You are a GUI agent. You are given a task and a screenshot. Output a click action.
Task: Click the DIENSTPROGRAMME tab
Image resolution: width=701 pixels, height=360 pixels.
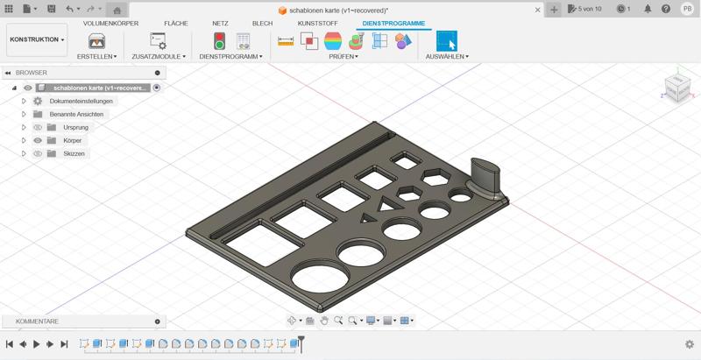click(x=393, y=24)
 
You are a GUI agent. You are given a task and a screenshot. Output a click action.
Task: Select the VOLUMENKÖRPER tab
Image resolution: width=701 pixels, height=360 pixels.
click(x=111, y=24)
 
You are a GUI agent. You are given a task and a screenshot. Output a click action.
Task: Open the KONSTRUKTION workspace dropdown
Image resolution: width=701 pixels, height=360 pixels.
click(x=37, y=39)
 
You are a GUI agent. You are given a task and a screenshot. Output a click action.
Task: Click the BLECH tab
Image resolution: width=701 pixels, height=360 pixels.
click(x=262, y=24)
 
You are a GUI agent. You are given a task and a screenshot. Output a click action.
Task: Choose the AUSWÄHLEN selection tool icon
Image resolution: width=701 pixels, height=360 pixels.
click(x=447, y=41)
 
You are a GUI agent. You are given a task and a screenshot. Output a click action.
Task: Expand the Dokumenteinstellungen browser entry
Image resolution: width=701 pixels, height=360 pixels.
click(x=25, y=101)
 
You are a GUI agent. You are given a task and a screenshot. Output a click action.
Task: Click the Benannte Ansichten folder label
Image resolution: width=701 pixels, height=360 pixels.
click(x=76, y=115)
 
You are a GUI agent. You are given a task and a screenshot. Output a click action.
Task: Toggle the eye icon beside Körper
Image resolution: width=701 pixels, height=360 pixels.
click(x=38, y=141)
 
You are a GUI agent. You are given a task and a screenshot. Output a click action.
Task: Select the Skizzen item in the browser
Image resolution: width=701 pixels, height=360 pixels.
click(x=74, y=153)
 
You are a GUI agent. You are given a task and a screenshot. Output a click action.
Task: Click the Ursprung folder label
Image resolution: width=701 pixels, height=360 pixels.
click(x=75, y=127)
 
